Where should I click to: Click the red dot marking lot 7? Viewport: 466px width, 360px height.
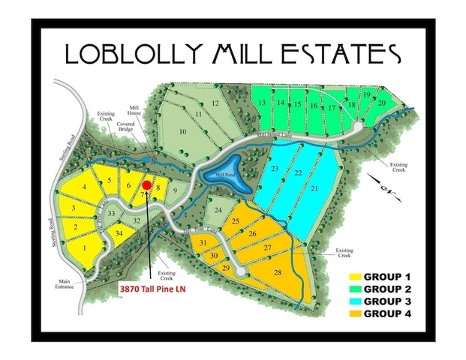(x=147, y=185)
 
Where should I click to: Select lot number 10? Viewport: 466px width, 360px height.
(x=182, y=131)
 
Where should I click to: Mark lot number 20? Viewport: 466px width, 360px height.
(x=382, y=103)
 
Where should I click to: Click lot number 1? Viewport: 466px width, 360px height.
(x=85, y=247)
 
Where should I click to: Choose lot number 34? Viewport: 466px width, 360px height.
(x=119, y=234)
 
